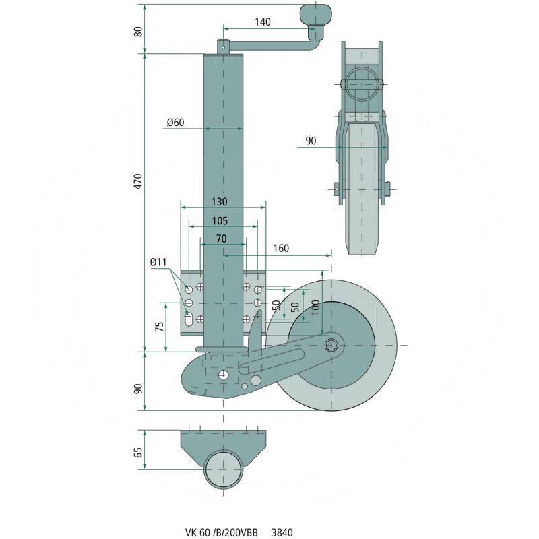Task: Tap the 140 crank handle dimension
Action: click(x=263, y=22)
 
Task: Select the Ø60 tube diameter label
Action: click(x=175, y=123)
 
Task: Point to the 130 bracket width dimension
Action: click(x=218, y=202)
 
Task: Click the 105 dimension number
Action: click(x=218, y=220)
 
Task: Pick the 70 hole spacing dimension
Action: click(x=220, y=239)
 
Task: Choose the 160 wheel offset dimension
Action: click(x=281, y=249)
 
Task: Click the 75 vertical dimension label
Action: click(x=159, y=327)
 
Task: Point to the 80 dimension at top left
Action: click(x=138, y=31)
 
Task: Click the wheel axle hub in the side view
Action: click(x=331, y=345)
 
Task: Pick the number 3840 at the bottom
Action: click(x=282, y=532)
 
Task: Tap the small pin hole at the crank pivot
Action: click(x=223, y=46)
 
